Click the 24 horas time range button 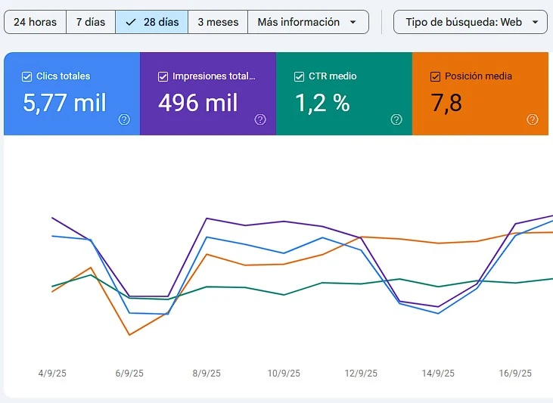(x=35, y=22)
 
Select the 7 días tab (x=91, y=22)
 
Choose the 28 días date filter (x=152, y=22)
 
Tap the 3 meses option (x=218, y=22)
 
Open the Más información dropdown (x=307, y=22)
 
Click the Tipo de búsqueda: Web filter (x=471, y=22)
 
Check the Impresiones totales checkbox (x=163, y=76)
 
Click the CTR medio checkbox (x=299, y=76)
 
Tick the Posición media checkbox (x=435, y=76)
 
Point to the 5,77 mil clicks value (x=64, y=103)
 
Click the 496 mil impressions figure (x=198, y=103)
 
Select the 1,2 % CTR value (x=322, y=103)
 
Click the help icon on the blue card (x=125, y=119)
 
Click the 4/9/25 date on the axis (x=52, y=374)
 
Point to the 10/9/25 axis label (x=284, y=374)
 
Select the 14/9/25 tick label (x=438, y=374)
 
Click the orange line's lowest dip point (x=129, y=335)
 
